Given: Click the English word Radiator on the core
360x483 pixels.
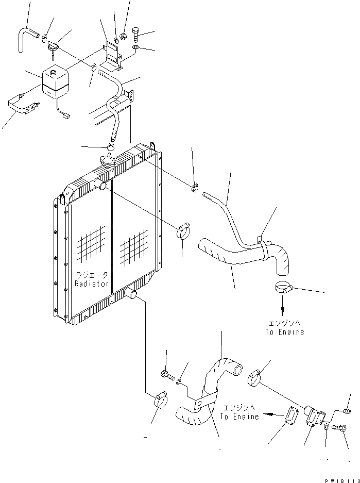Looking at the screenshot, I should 92,284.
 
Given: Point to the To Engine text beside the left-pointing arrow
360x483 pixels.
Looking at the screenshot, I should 239,416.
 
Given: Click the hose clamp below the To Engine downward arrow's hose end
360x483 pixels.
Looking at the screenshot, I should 284,288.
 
